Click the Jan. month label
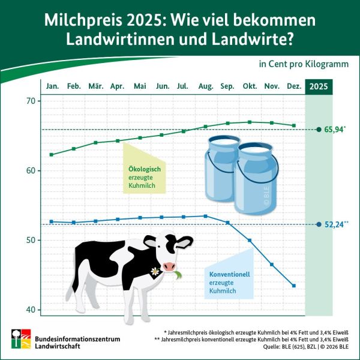(52, 87)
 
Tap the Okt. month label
(250, 87)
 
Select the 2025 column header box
(319, 87)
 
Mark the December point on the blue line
(293, 286)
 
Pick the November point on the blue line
(272, 265)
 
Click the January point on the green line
(52, 155)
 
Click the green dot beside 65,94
(319, 129)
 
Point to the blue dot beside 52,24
(319, 224)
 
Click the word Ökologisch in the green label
(145, 169)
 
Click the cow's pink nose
(170, 266)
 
